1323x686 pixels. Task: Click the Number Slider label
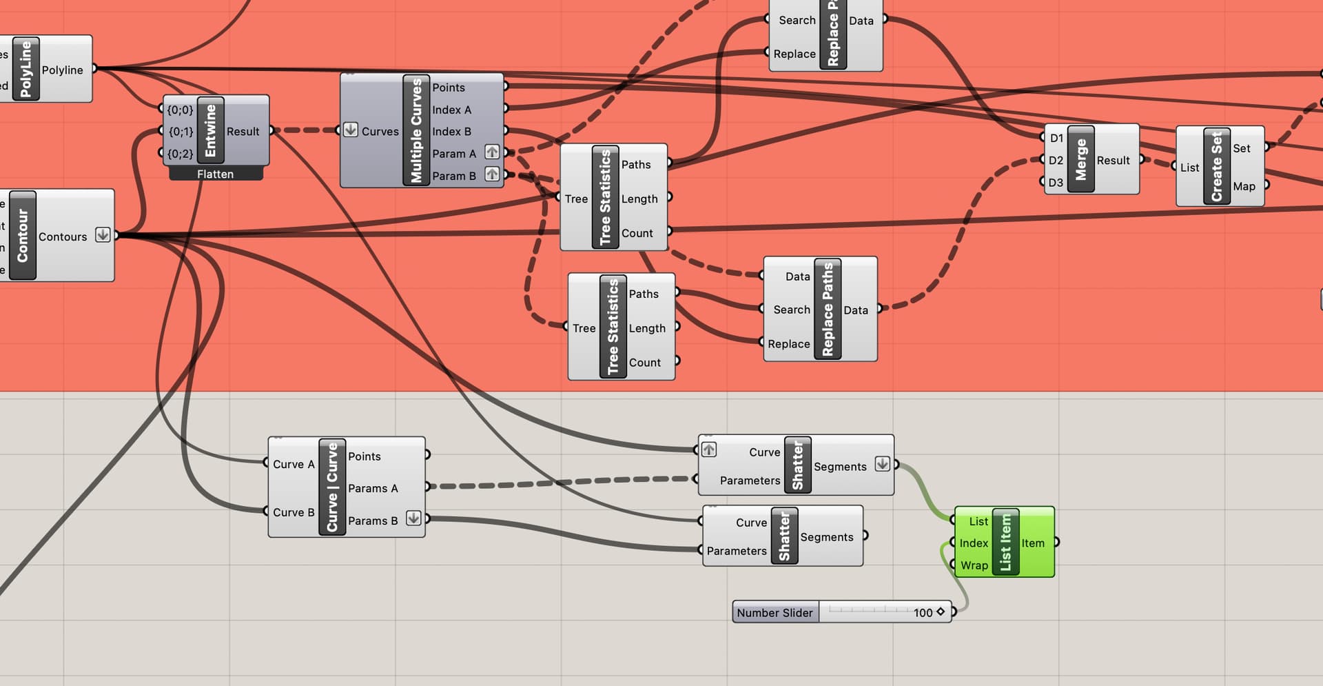775,613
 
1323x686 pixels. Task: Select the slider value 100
923,613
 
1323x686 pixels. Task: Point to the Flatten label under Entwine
215,174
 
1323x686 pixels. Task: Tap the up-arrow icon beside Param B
492,174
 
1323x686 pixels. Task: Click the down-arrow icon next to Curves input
351,130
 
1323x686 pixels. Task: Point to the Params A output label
373,488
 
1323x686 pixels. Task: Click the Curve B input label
294,512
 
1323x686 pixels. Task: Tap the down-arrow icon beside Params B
413,518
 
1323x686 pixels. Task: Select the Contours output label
63,236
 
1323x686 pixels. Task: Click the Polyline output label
62,70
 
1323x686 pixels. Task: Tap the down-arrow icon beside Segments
882,464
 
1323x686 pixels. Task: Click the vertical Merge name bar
1080,159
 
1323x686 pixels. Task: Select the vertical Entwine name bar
210,131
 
